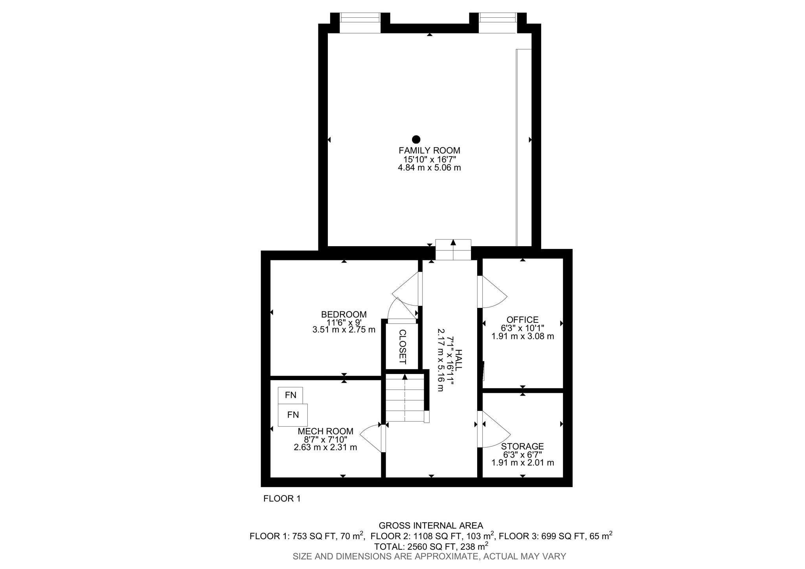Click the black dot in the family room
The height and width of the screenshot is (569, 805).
(x=416, y=139)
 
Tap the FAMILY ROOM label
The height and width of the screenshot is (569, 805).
(x=429, y=150)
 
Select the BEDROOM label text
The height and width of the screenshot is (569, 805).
(x=344, y=314)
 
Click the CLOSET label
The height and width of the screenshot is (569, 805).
(x=402, y=346)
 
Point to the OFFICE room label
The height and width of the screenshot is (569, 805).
(x=522, y=320)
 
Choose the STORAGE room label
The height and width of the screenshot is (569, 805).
(x=522, y=446)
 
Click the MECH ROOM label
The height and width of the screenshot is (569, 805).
(x=325, y=431)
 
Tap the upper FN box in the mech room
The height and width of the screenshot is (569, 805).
(x=290, y=395)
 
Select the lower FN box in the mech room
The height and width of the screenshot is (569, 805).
(x=293, y=414)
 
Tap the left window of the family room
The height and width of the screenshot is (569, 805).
(x=360, y=22)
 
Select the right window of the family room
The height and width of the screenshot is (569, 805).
(x=498, y=22)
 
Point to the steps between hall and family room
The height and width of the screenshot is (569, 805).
(x=453, y=250)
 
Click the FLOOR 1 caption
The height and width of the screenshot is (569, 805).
(x=282, y=499)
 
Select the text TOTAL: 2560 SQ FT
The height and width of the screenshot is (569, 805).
(x=415, y=546)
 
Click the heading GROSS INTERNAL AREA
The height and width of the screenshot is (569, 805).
(x=431, y=525)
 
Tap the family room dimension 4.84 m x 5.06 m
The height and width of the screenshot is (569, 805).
(x=429, y=168)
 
